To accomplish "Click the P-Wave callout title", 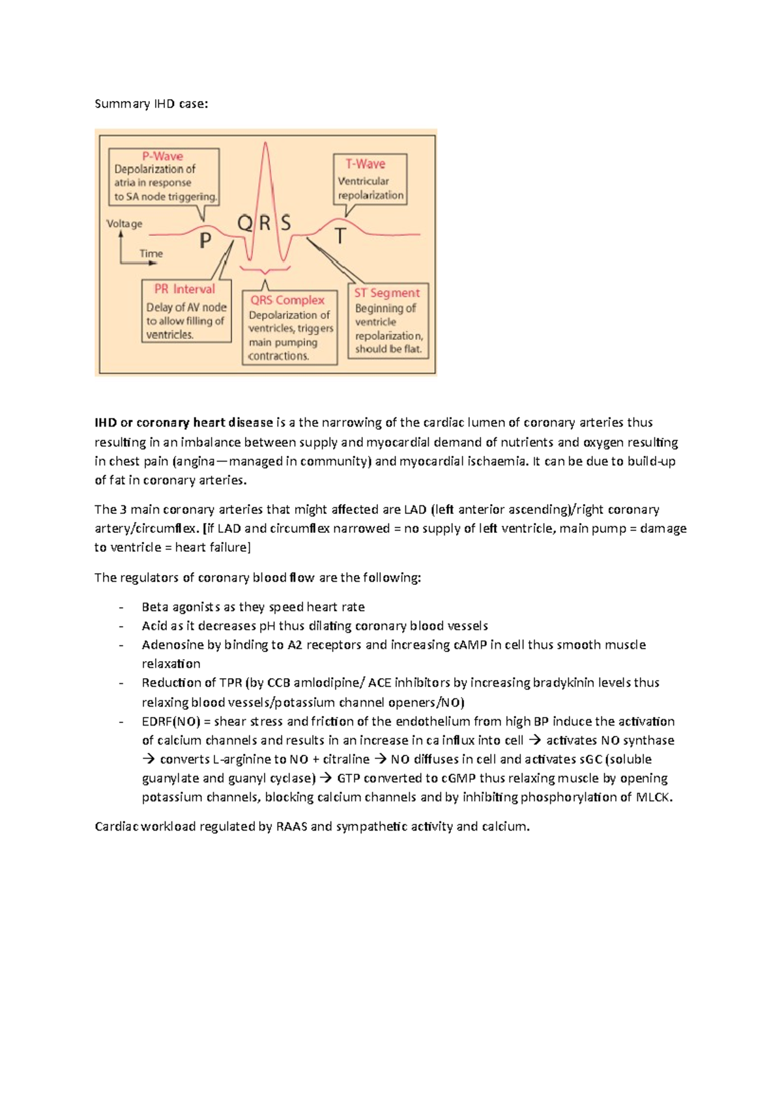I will coord(162,156).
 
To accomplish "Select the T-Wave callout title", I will coord(365,164).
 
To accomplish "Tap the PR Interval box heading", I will coord(184,289).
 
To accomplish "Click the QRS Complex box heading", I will coord(287,300).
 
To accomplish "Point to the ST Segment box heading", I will coord(387,293).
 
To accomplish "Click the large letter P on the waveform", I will coord(205,241).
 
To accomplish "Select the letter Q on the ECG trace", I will coord(244,224).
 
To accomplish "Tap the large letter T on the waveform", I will coord(340,236).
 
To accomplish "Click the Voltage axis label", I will coord(124,224).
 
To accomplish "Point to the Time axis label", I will coord(151,254).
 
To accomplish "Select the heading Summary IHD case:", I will coord(151,104).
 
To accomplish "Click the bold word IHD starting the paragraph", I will coord(105,423).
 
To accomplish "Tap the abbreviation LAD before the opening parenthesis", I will coord(415,509).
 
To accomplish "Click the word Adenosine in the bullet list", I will coord(171,645).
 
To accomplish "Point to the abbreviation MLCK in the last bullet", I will coord(654,797).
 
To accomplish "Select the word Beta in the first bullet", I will coord(154,607).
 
